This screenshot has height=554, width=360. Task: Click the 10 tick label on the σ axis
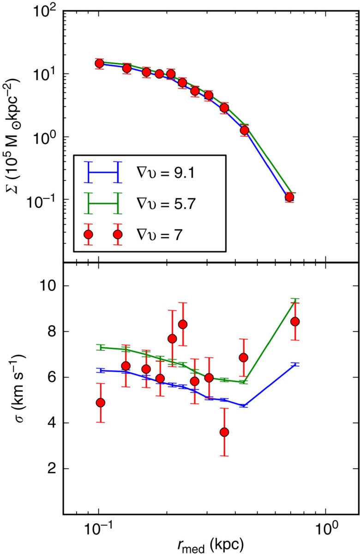click(45, 286)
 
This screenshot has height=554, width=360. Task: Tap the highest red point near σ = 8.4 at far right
click(295, 321)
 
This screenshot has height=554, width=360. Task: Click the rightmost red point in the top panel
click(289, 197)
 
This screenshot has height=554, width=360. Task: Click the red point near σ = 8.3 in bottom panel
click(183, 324)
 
